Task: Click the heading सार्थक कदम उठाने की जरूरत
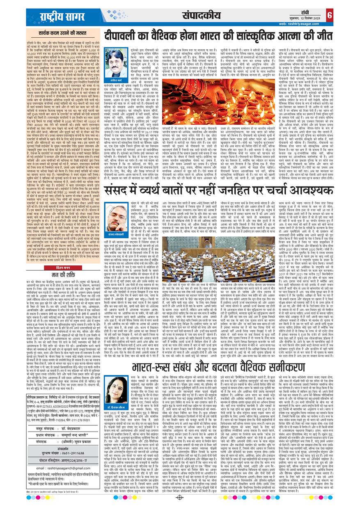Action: point(57,32)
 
